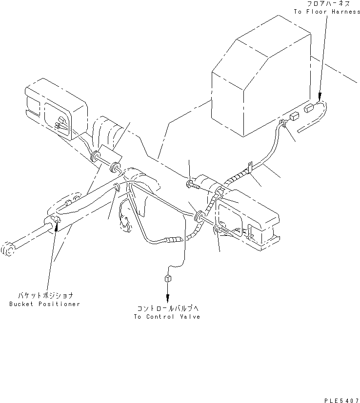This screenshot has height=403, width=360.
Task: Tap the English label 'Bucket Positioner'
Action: click(x=44, y=304)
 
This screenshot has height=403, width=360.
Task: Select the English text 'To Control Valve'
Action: click(x=167, y=316)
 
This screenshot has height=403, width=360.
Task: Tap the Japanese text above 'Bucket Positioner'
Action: click(x=47, y=296)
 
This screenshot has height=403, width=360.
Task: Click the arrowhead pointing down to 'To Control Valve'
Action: click(x=167, y=298)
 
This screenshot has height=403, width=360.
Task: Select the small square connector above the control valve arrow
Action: click(x=167, y=278)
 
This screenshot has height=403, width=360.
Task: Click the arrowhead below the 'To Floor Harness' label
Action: click(x=319, y=97)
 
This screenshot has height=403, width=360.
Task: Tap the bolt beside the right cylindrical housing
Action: click(x=191, y=184)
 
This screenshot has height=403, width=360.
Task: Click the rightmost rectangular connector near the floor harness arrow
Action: click(x=309, y=109)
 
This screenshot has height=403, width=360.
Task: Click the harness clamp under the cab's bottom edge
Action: click(x=282, y=124)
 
